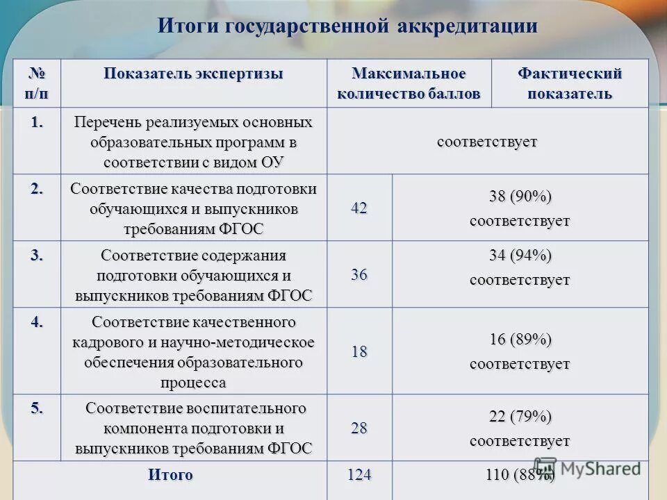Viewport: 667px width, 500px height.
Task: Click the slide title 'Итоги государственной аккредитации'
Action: tap(347, 26)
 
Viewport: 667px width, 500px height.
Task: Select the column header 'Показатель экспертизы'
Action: tap(194, 74)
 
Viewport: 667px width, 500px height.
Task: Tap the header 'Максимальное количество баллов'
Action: tap(409, 83)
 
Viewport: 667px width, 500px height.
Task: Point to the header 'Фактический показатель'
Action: tap(569, 83)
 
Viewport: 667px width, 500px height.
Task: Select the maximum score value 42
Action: tap(359, 208)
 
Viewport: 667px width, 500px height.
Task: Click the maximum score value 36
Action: tap(359, 274)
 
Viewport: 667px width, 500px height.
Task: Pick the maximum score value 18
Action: tap(359, 351)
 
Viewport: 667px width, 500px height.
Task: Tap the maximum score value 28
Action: tap(359, 428)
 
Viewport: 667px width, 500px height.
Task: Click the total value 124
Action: tap(359, 475)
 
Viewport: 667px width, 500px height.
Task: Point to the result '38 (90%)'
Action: tap(520, 197)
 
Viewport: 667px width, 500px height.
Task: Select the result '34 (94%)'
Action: tap(520, 256)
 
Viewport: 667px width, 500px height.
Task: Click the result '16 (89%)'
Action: tap(520, 340)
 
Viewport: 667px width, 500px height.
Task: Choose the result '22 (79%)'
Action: tap(520, 417)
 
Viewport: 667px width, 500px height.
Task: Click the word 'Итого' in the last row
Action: tap(170, 475)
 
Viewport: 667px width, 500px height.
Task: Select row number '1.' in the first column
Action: tap(37, 123)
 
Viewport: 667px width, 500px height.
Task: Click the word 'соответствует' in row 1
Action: tap(487, 142)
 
